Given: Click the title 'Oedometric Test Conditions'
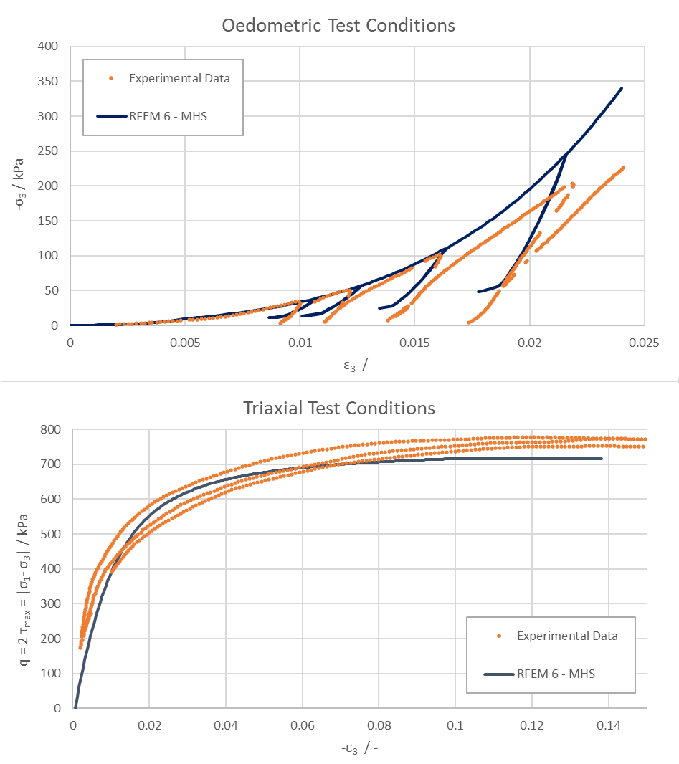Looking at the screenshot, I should pyautogui.click(x=338, y=26).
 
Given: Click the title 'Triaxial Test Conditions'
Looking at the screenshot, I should pyautogui.click(x=339, y=409).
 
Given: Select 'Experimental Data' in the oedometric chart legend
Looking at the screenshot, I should pyautogui.click(x=179, y=79).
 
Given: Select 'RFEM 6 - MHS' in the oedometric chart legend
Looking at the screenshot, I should pyautogui.click(x=168, y=115).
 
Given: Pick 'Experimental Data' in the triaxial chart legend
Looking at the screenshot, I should pyautogui.click(x=566, y=636).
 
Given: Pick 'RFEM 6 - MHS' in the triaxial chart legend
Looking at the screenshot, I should pyautogui.click(x=556, y=674).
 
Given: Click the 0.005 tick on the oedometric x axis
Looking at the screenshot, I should pyautogui.click(x=184, y=343).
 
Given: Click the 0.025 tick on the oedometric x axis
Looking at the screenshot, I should pyautogui.click(x=644, y=343).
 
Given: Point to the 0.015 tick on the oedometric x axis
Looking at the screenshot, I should pyautogui.click(x=414, y=343).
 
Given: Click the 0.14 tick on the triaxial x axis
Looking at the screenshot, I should pyautogui.click(x=608, y=725).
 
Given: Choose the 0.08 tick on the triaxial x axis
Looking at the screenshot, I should pyautogui.click(x=379, y=725).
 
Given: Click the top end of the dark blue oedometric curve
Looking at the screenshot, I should pyautogui.click(x=621, y=88).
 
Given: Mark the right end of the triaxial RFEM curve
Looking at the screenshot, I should pyautogui.click(x=601, y=459).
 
